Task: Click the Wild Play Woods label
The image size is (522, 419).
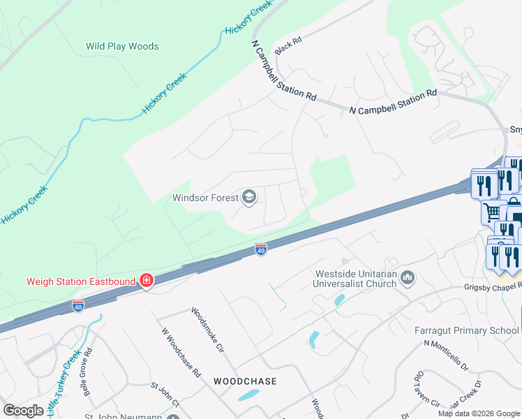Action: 122,47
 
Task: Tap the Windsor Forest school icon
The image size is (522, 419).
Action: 248,198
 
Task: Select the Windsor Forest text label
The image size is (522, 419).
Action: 205,198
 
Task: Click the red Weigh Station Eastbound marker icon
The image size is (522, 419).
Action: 147,281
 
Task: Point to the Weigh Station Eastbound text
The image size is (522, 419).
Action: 81,281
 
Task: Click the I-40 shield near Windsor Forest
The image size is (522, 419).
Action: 260,249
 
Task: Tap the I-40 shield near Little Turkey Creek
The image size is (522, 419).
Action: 77,306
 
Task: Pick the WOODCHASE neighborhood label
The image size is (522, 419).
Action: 245,381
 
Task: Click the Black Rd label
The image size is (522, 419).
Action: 288,47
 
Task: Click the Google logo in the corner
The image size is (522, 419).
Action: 24,411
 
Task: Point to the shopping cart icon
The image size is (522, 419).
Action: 493,212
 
